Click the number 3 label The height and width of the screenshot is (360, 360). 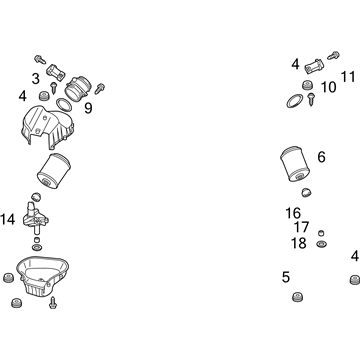coord(36,79)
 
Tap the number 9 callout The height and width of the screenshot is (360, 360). coord(88,108)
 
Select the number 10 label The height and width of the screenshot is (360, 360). coord(329,87)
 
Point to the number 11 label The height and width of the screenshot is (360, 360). coord(348,77)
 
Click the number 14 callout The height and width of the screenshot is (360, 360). coord(8,219)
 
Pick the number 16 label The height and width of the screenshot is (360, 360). coord(293,213)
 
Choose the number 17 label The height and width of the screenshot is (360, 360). coord(301,227)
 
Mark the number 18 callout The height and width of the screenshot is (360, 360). coord(299,243)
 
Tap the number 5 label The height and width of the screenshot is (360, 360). coord(286,277)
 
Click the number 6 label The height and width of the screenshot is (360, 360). coord(321,157)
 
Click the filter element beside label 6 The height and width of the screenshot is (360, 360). coord(295,164)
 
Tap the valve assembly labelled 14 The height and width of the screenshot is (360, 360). coord(35,217)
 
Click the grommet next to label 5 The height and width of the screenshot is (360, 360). coord(297,296)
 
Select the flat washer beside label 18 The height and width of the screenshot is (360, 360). coord(321,244)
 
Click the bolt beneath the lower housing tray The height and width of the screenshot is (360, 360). coord(53,303)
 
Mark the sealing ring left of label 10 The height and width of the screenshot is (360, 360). coord(295,101)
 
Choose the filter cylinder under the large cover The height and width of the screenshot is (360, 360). coord(53,172)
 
